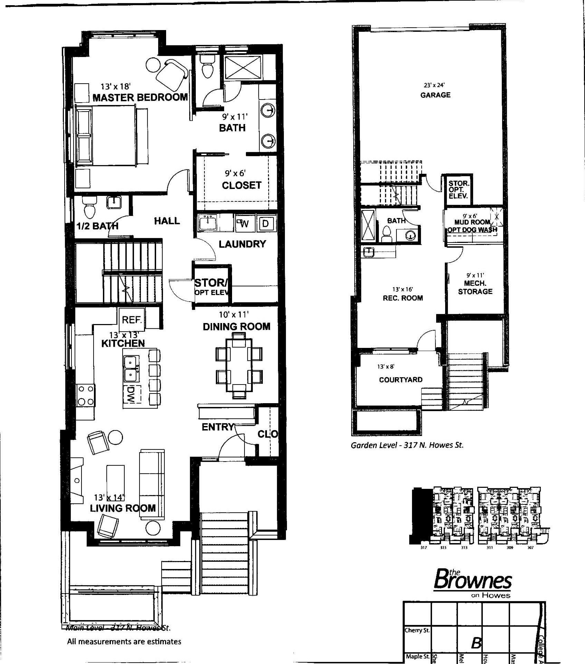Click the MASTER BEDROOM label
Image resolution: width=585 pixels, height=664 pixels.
(140, 97)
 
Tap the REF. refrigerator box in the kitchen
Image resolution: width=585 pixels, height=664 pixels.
(132, 320)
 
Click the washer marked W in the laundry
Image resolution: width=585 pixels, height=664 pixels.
(244, 224)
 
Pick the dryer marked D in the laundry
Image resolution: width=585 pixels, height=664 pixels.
(266, 224)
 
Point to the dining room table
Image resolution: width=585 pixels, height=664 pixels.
(239, 365)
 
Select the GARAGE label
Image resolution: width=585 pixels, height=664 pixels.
(435, 95)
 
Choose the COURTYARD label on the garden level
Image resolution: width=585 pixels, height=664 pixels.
(401, 380)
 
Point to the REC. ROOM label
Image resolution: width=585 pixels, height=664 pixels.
(403, 298)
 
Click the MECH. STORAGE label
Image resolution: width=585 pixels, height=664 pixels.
(475, 287)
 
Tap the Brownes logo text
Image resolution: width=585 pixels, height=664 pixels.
(472, 579)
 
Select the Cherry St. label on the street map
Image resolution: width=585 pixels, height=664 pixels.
(417, 630)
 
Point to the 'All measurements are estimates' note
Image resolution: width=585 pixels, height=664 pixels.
(124, 642)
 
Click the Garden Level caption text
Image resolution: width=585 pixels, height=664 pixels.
(407, 445)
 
